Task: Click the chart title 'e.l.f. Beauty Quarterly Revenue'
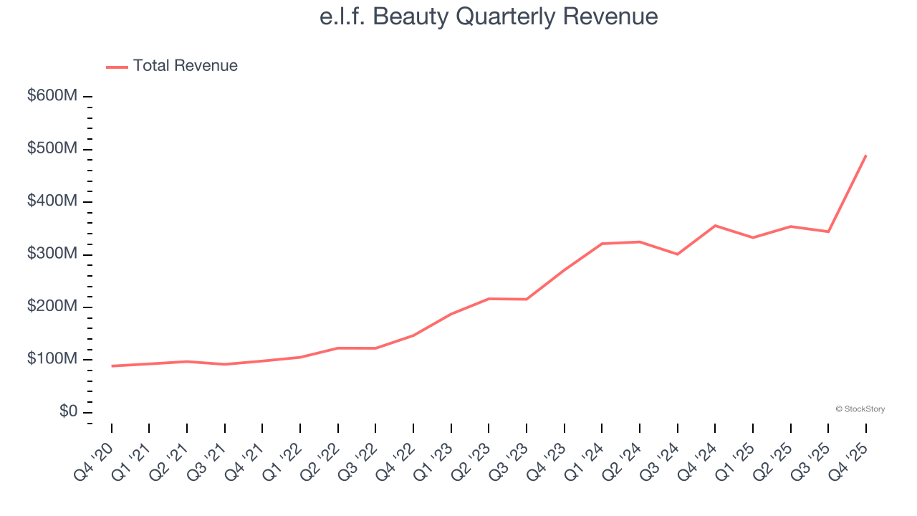[x=489, y=16]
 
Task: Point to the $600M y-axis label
[x=52, y=96]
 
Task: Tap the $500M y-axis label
[x=52, y=149]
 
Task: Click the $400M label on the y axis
[x=52, y=201]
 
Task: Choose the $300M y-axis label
[x=52, y=254]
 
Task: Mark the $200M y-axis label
[x=52, y=307]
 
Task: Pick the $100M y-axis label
[x=52, y=359]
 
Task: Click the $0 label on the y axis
[x=69, y=412]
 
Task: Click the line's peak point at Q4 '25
[x=866, y=156]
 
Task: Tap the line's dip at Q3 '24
[x=678, y=254]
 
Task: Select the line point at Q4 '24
[x=715, y=226]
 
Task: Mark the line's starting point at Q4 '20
[x=112, y=366]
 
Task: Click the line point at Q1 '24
[x=602, y=244]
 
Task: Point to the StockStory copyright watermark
[x=860, y=409]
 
